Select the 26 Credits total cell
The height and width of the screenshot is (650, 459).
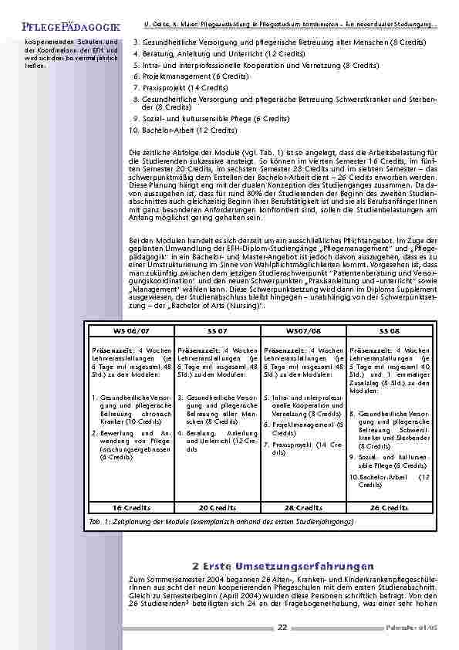pyautogui.click(x=390, y=508)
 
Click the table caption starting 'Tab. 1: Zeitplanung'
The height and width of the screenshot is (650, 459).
pyautogui.click(x=223, y=523)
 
